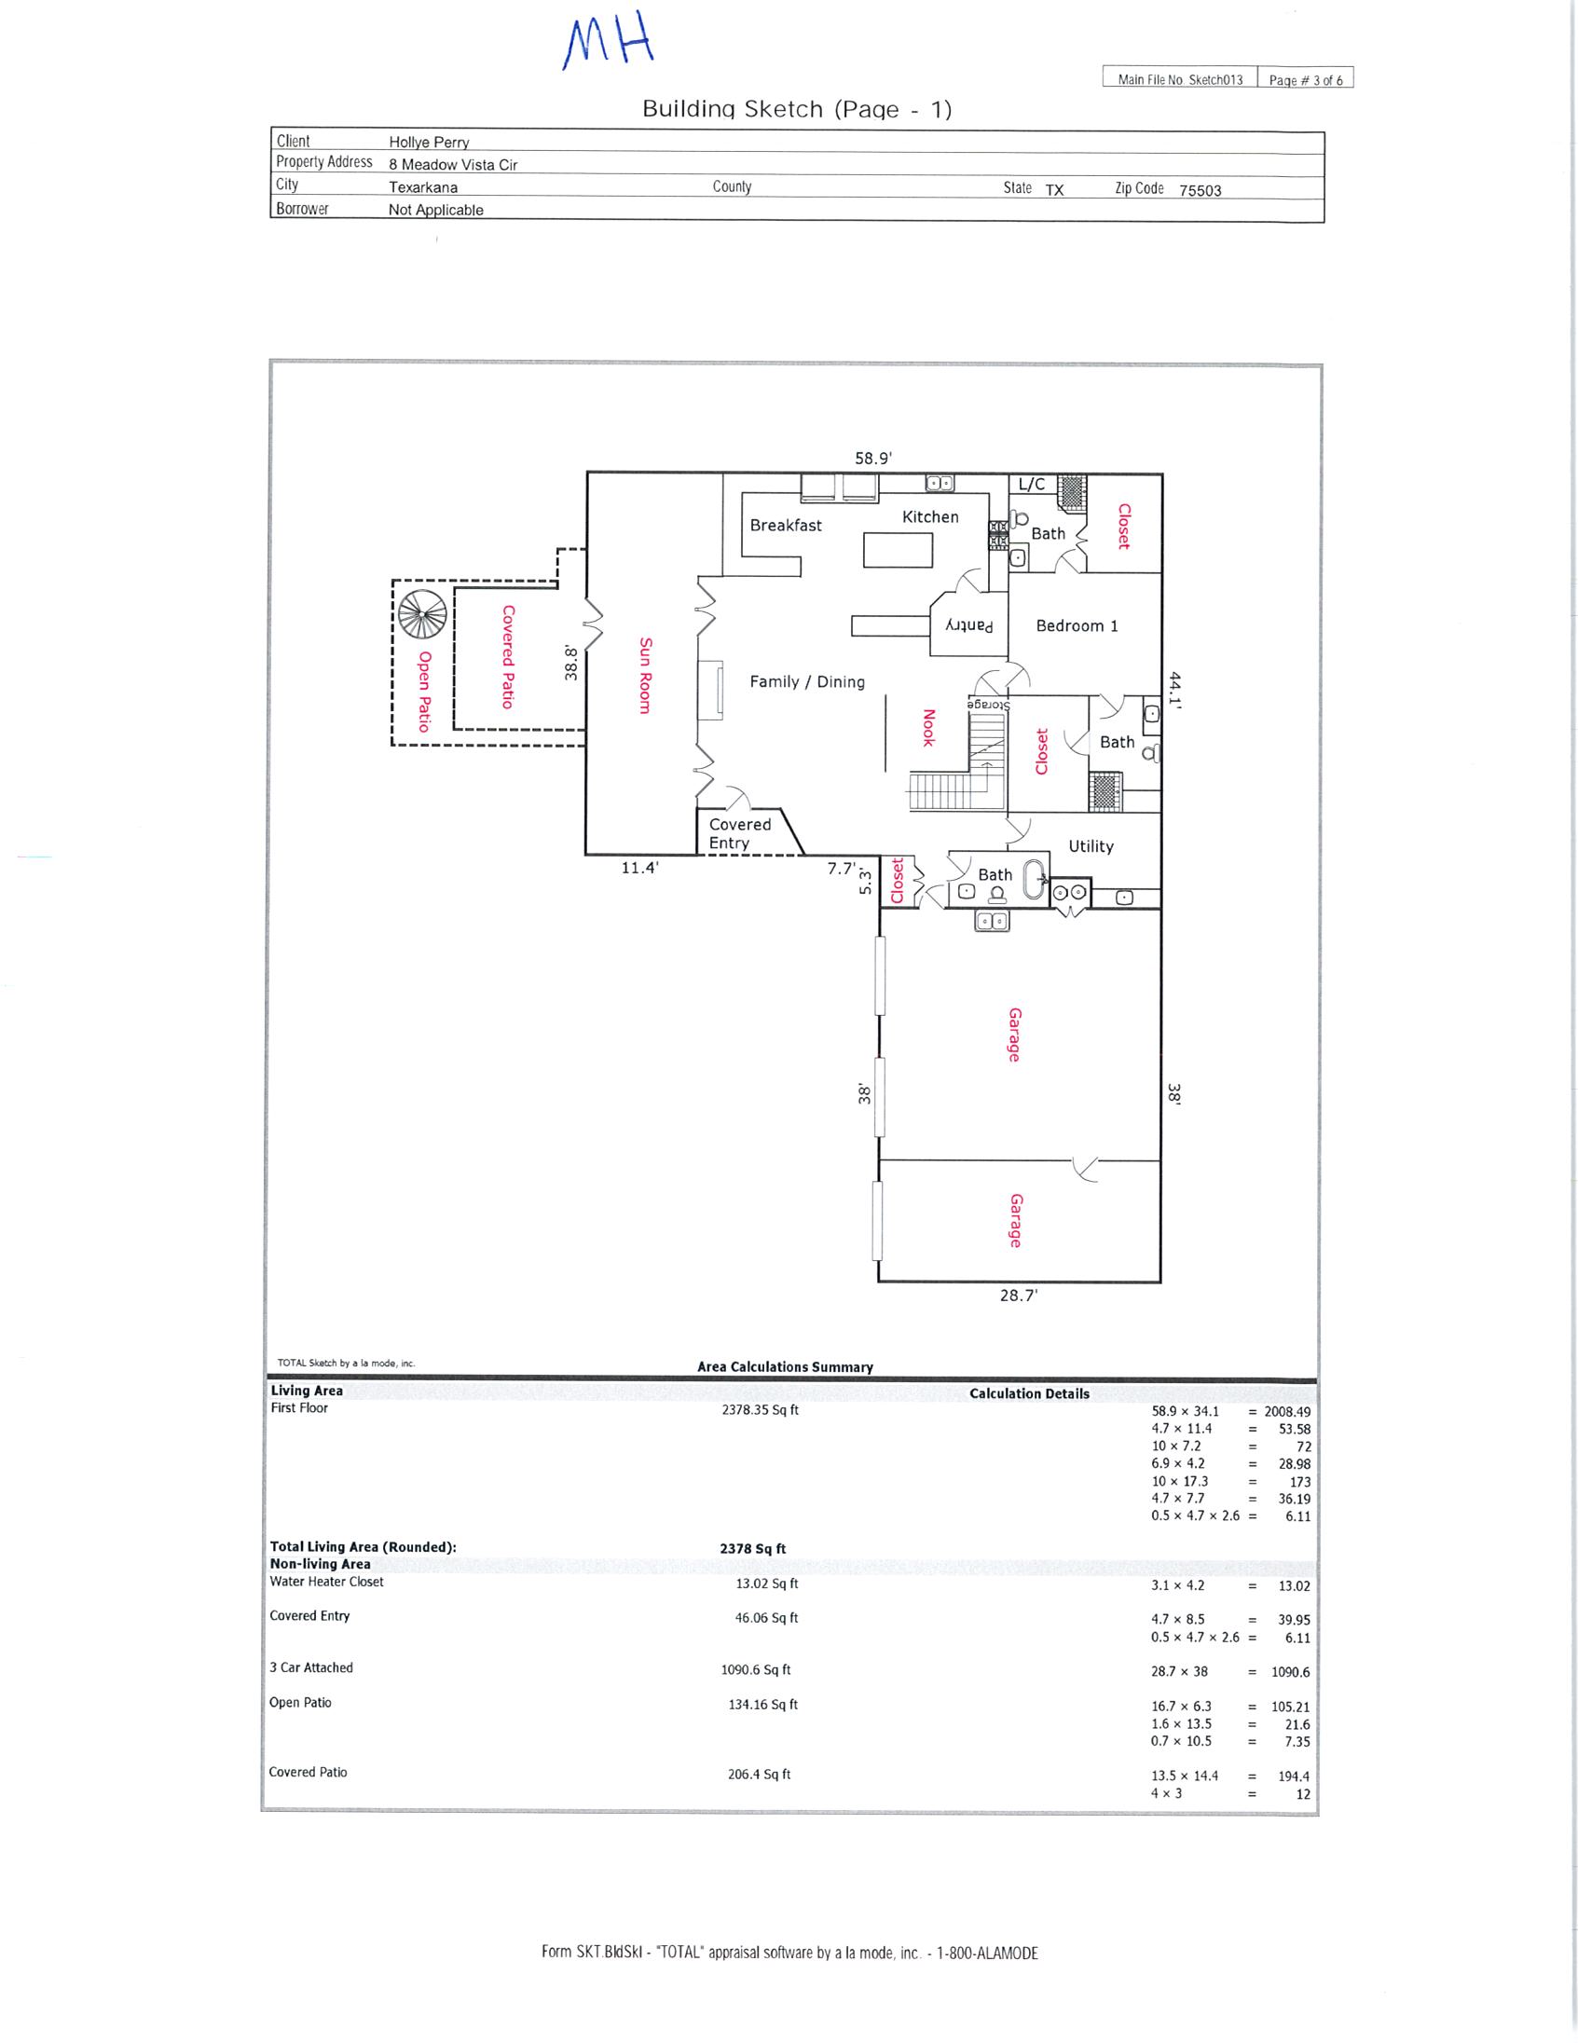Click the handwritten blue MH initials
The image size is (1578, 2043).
608,43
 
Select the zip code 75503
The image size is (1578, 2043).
1201,190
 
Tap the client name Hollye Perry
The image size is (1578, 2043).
429,143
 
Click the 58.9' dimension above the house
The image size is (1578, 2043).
872,459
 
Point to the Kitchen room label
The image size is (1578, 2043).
930,516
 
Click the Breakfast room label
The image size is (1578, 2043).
786,525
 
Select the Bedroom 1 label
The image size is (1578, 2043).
1077,625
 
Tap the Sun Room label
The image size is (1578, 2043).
644,676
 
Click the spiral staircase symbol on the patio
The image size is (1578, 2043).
423,614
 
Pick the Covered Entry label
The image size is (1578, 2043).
739,833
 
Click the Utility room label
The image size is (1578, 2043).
1091,845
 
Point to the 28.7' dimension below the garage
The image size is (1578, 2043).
1019,1296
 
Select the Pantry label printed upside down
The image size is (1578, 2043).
969,624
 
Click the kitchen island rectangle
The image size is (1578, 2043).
898,549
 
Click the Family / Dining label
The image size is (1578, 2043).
807,682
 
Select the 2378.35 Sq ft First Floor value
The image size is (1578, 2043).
760,1410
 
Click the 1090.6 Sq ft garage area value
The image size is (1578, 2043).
756,1670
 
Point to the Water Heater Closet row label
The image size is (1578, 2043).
326,1582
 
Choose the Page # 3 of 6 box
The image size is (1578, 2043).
1306,78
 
